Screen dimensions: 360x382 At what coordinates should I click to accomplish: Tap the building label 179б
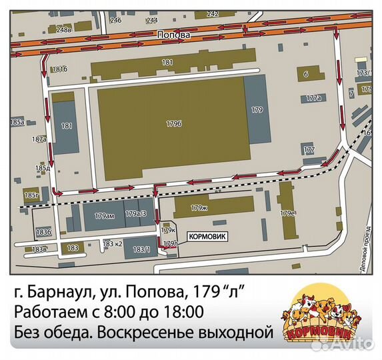coord(174,123)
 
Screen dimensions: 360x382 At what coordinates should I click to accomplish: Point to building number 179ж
coord(199,208)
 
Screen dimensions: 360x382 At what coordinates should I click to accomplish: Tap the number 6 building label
coord(305,74)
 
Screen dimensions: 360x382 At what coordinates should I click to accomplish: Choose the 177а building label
coord(314,97)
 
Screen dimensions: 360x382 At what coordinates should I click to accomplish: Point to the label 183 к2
coord(113,245)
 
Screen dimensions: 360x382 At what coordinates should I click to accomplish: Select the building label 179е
coord(287,213)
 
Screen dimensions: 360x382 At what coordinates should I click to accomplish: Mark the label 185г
coord(31,195)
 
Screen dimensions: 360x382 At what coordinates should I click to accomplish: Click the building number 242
coord(213,13)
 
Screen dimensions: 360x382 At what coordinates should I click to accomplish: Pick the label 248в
coord(64,30)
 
